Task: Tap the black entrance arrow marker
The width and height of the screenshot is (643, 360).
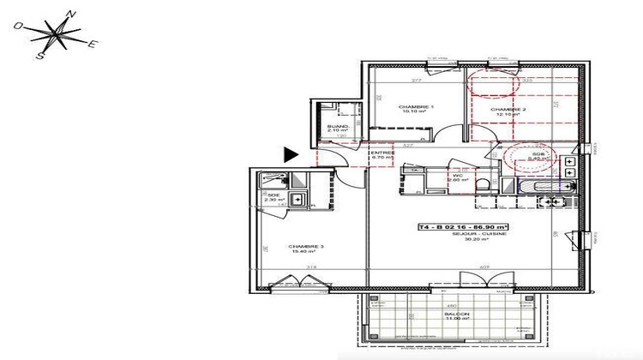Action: pyautogui.click(x=291, y=154)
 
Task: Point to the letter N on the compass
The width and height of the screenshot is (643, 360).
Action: pyautogui.click(x=73, y=15)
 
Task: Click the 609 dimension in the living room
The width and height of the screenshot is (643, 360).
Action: pyautogui.click(x=484, y=267)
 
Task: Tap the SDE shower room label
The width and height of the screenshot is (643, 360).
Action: pyautogui.click(x=273, y=195)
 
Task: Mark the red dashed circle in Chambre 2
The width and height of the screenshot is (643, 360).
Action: pyautogui.click(x=492, y=81)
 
